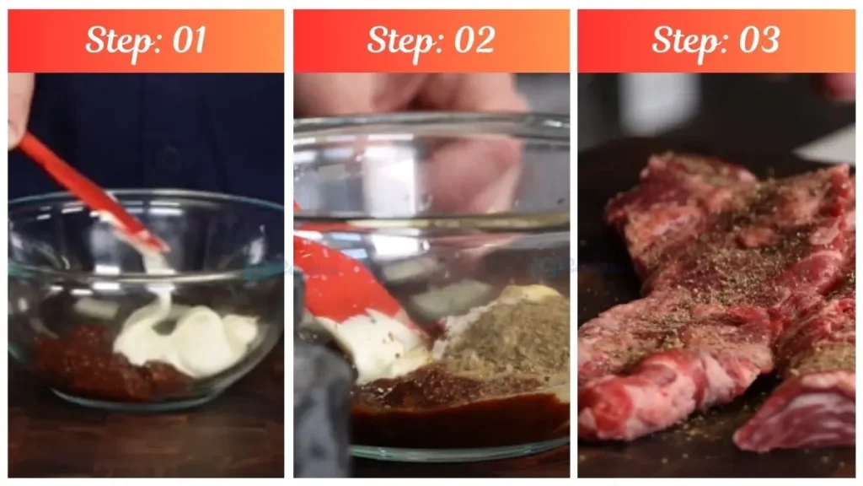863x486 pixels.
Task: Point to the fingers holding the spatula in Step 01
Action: point(19,105)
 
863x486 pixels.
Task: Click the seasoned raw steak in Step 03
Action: point(716,295)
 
